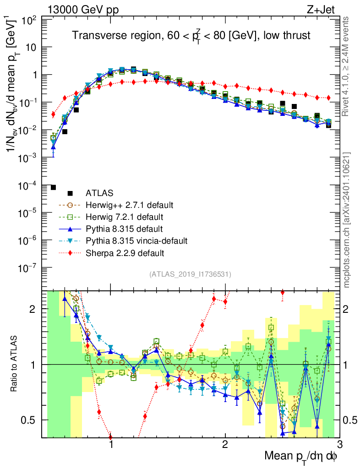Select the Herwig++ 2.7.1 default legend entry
(x=129, y=205)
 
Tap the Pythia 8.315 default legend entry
(x=124, y=229)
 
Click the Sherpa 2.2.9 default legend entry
(x=125, y=252)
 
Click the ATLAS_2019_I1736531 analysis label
(x=190, y=274)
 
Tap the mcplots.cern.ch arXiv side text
(x=348, y=220)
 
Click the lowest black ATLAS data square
(x=53, y=187)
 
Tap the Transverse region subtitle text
(x=191, y=36)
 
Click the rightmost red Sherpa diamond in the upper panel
(x=328, y=98)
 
